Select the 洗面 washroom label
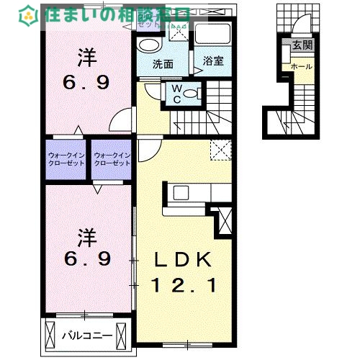(163, 63)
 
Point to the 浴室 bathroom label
(212, 61)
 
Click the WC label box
(176, 93)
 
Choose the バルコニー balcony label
(86, 335)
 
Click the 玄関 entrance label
(302, 45)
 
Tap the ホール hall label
(301, 66)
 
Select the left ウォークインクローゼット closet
(66, 159)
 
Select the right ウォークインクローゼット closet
(112, 159)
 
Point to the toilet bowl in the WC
(197, 92)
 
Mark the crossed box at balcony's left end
(50, 336)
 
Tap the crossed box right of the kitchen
(225, 220)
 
